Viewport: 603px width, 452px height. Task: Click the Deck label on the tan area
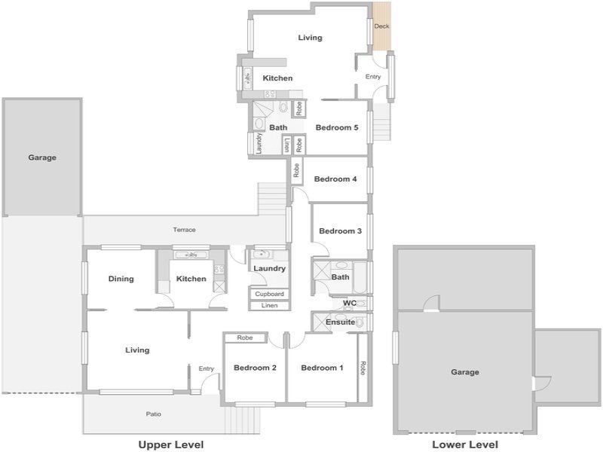(381, 26)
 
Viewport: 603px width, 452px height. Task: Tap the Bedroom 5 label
(337, 127)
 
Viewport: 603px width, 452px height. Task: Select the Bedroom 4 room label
(335, 179)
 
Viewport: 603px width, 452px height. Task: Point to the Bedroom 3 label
(341, 231)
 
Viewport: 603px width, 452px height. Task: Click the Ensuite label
(341, 322)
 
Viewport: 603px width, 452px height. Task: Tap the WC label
(350, 303)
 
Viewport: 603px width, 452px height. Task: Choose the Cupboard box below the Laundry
(269, 294)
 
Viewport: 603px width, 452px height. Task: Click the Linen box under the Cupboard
(269, 306)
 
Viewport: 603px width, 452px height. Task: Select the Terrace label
(184, 230)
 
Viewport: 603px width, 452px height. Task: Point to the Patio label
(154, 414)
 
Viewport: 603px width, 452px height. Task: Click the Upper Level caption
(171, 444)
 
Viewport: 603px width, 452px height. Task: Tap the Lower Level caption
(465, 444)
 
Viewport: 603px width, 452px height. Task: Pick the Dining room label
(121, 279)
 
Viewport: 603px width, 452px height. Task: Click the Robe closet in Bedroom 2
(245, 337)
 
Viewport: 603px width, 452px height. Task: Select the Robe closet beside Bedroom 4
(296, 170)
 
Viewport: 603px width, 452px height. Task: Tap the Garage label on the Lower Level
(465, 371)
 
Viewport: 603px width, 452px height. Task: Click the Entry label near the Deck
(372, 77)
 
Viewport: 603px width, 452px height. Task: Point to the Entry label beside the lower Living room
(206, 368)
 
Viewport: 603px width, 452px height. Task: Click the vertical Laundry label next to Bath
(259, 143)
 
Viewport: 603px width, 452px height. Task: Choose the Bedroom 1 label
(322, 368)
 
